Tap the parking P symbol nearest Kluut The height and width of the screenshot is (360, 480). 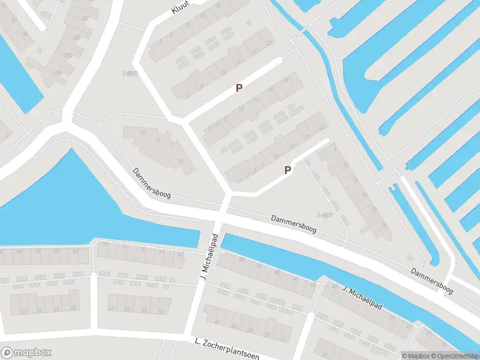click(x=239, y=88)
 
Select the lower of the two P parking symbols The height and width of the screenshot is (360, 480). click(x=287, y=170)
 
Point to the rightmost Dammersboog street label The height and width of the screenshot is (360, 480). click(x=431, y=280)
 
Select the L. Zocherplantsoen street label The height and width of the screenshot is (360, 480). click(x=227, y=349)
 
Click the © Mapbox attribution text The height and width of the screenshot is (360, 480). click(x=416, y=356)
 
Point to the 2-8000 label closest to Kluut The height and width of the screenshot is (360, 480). click(x=130, y=73)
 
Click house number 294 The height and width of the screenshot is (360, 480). click(x=58, y=73)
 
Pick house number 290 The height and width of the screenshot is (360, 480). click(x=68, y=55)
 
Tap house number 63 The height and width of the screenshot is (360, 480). click(x=111, y=308)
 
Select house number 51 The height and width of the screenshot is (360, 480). click(x=161, y=311)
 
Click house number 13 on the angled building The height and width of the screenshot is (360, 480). click(x=142, y=133)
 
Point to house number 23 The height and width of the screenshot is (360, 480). click(x=323, y=127)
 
